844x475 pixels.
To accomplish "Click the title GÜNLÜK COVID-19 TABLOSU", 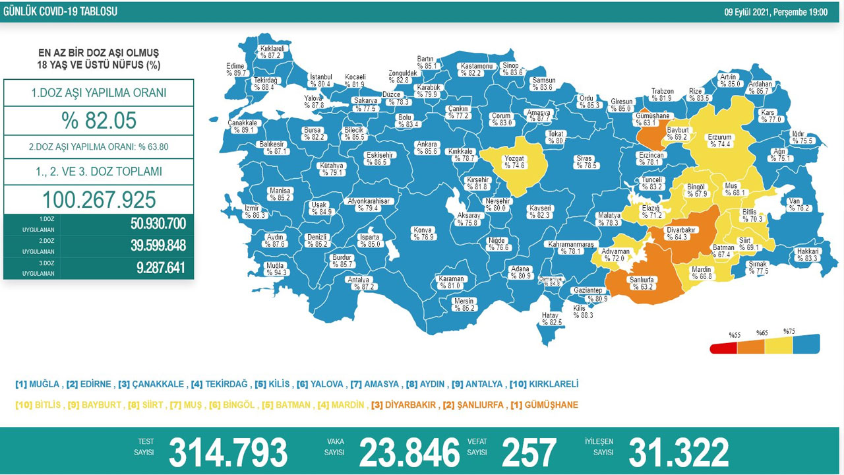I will (60, 12).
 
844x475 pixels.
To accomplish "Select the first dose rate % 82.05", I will (98, 121).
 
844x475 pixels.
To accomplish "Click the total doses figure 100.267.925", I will (99, 199).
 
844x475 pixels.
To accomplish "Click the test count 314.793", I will (228, 453).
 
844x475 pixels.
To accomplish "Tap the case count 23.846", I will (409, 453).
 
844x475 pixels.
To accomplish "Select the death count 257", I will (528, 453).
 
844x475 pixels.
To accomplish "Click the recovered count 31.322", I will (678, 453).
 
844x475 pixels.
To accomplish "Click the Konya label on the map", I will (422, 234).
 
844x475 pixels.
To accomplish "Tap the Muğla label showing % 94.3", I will (275, 268).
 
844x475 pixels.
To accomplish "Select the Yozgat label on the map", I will (515, 162).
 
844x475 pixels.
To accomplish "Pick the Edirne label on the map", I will (235, 69).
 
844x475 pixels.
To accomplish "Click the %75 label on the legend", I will (789, 331).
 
